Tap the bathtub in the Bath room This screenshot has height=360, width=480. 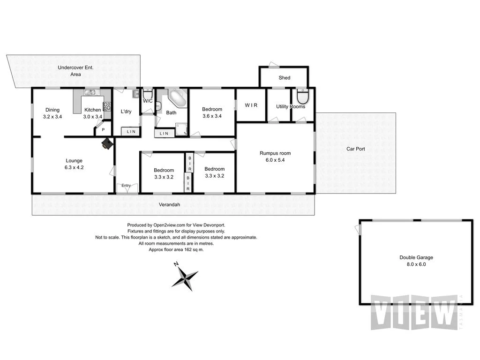pos(177,98)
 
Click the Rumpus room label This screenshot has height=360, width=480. pos(275,153)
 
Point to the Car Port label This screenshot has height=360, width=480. pos(355,149)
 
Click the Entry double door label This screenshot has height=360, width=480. pos(126,186)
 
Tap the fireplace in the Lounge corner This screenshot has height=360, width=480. pos(107,144)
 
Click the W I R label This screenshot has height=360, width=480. pos(251,105)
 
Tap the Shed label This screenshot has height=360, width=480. pos(284,78)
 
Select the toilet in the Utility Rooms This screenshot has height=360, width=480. pos(303,97)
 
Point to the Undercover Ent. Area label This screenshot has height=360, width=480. pos(75,71)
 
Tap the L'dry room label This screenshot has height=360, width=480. pos(126,111)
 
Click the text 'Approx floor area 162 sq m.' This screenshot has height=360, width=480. pos(176,250)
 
